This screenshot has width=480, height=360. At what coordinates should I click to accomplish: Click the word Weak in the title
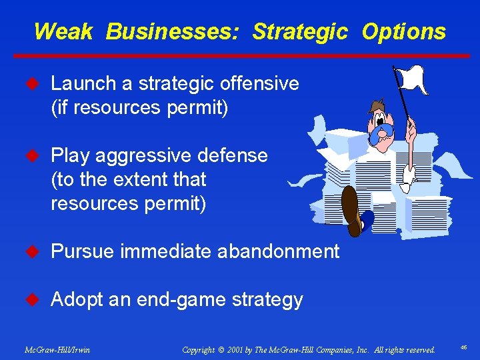(63, 31)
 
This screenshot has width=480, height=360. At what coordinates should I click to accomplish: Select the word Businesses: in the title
(175, 31)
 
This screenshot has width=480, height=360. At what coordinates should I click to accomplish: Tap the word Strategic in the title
(300, 31)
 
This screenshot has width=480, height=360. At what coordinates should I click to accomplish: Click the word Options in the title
(404, 31)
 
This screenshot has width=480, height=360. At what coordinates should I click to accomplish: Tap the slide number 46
(463, 348)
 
